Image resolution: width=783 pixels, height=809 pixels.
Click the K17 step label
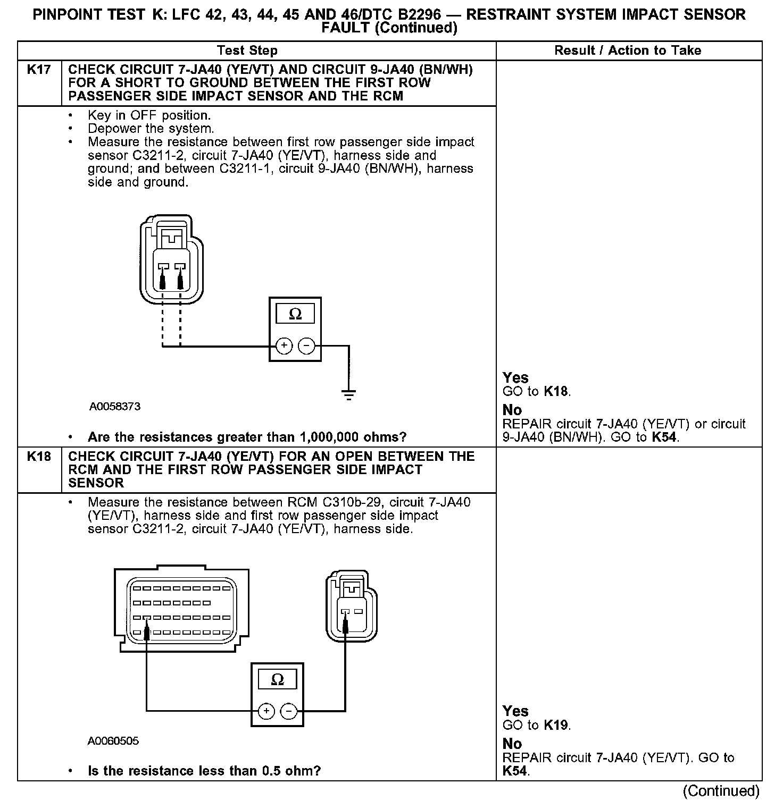[x=38, y=70]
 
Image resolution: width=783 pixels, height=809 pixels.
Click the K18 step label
[x=38, y=457]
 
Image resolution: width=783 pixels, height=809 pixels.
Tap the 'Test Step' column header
[x=247, y=51]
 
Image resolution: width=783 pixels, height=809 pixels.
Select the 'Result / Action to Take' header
[x=628, y=51]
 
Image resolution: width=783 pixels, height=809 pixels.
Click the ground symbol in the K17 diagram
[x=349, y=395]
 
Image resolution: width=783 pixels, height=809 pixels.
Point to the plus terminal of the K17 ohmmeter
[x=284, y=346]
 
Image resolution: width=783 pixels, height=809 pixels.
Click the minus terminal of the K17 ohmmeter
[x=306, y=346]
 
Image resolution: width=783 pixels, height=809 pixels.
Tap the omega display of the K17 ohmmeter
[x=295, y=315]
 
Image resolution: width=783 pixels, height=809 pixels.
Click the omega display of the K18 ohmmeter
[x=277, y=680]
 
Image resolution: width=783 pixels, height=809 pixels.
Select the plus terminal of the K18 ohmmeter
[x=266, y=711]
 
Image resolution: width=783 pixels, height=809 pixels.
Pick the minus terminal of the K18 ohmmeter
[x=288, y=711]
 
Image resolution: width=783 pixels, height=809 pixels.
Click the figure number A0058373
[x=114, y=407]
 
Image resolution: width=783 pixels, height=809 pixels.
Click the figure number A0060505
[x=113, y=740]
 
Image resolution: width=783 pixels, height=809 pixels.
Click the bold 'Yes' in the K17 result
[x=515, y=378]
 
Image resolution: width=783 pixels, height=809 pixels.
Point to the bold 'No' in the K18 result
[x=512, y=744]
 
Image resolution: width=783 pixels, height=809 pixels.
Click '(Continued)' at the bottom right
[x=721, y=791]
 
